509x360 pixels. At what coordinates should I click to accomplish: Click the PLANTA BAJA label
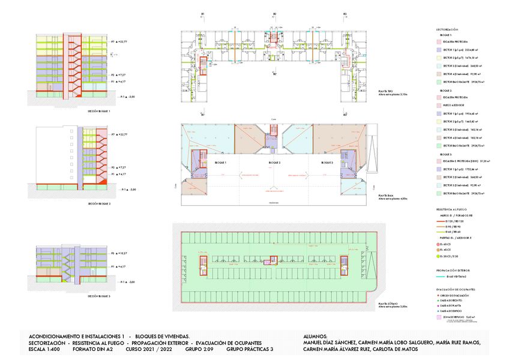pos(387,196)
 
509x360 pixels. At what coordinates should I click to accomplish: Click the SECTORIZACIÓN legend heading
pos(448,29)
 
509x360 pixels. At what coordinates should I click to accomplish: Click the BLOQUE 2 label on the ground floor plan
pos(273,163)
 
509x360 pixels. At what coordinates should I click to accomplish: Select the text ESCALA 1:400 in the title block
pos(45,349)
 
